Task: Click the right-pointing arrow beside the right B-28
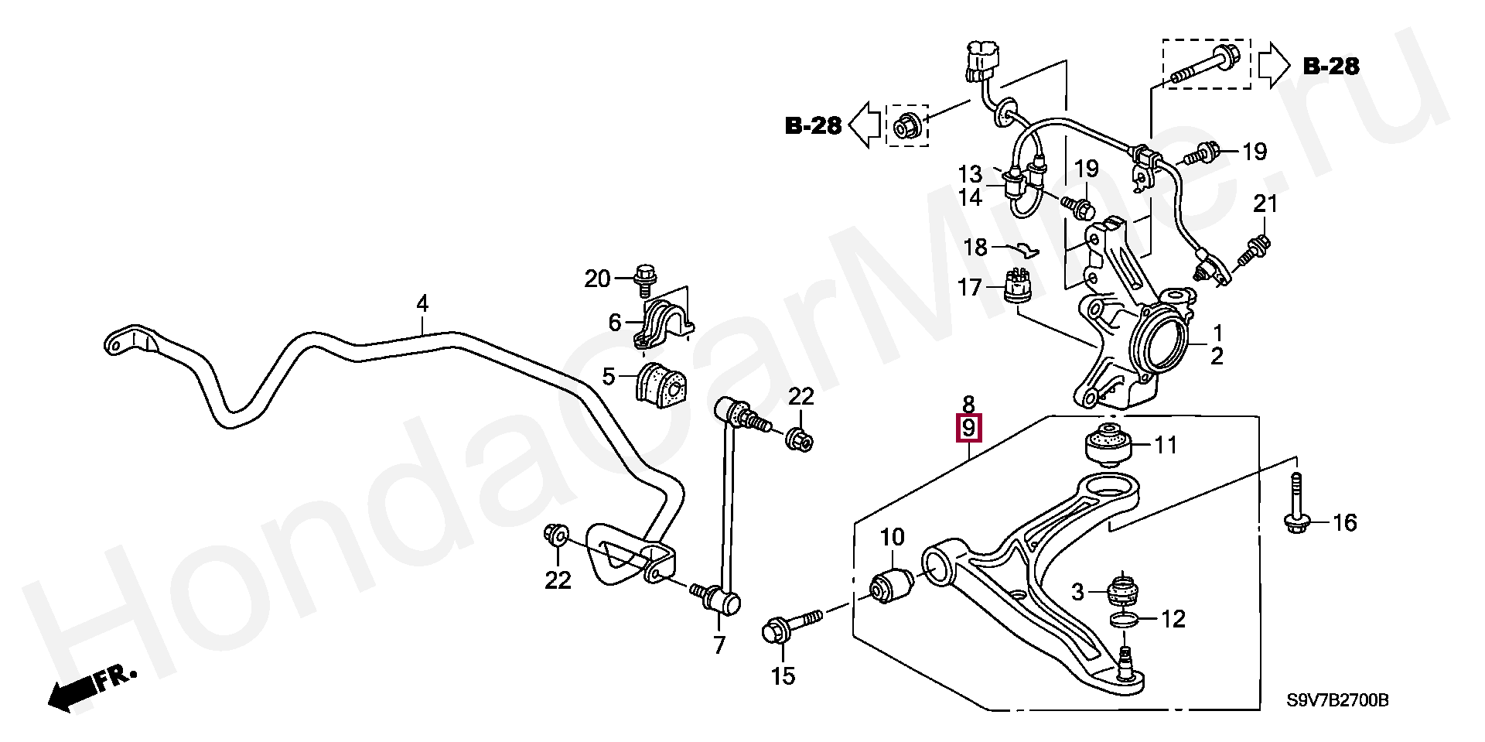click(1272, 66)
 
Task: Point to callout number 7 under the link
click(720, 645)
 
